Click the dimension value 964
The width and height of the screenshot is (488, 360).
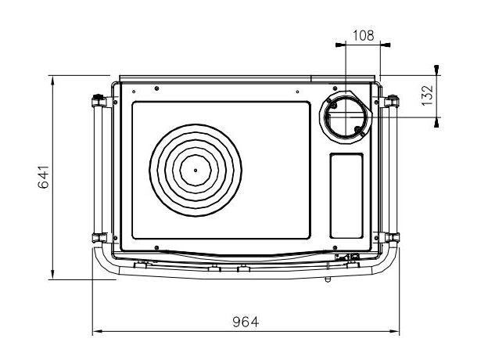tap(246, 322)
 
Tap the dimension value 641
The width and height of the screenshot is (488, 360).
tap(43, 177)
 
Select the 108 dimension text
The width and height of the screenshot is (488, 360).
tap(363, 35)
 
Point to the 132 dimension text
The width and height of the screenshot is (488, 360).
tap(427, 95)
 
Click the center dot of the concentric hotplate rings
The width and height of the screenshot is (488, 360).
tap(196, 170)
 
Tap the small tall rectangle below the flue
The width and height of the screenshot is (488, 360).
tap(346, 196)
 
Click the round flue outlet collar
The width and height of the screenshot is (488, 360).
tap(345, 117)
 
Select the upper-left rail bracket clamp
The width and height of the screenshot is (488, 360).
tap(99, 101)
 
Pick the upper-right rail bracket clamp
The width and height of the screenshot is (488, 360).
tap(391, 101)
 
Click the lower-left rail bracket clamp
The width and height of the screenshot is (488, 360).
tap(99, 238)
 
